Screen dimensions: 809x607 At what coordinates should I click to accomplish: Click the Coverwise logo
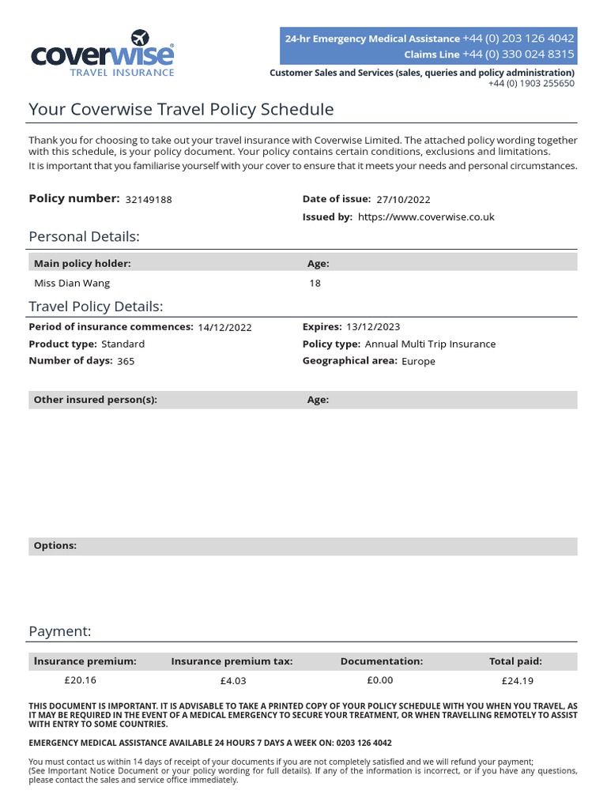tap(102, 55)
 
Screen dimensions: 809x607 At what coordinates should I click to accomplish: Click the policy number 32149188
tap(149, 200)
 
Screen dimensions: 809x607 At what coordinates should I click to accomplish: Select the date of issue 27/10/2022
tap(404, 200)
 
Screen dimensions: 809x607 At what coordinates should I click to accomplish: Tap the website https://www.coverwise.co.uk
tap(426, 217)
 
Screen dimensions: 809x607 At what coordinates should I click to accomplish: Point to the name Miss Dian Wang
tap(72, 283)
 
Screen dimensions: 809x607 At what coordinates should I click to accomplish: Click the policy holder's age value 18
tap(315, 283)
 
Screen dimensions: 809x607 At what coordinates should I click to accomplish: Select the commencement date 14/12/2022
tap(224, 327)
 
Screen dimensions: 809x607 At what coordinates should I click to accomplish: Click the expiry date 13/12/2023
tap(373, 327)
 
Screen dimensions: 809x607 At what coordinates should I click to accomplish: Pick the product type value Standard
tap(123, 344)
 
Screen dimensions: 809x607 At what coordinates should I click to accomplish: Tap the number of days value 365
tap(126, 362)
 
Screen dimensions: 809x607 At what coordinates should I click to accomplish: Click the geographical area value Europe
tap(418, 362)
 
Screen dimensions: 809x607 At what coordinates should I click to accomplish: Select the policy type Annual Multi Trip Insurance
tap(430, 344)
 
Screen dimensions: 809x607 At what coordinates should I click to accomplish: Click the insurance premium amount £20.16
tap(80, 680)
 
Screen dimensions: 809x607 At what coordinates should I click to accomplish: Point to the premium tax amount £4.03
tap(233, 681)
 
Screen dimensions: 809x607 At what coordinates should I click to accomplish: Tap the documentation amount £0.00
tap(380, 680)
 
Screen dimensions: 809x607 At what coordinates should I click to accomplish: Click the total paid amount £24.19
tap(517, 681)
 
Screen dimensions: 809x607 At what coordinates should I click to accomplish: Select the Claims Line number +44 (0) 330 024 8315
tap(518, 55)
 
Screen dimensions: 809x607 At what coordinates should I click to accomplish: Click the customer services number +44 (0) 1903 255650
tap(531, 83)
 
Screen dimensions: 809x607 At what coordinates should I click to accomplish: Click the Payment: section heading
tap(60, 631)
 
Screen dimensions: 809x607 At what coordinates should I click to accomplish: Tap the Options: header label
tap(55, 546)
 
